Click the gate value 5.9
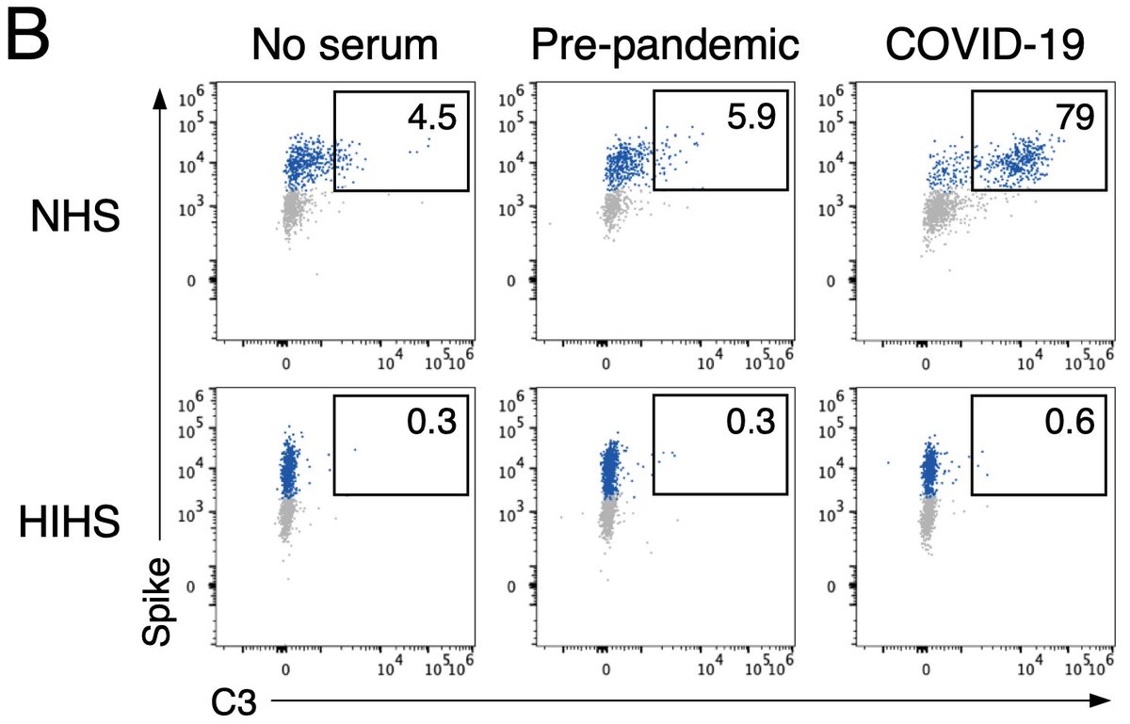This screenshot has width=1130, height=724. pos(747,119)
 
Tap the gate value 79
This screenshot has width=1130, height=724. pos(1073,119)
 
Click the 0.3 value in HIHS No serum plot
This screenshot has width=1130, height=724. pos(430,424)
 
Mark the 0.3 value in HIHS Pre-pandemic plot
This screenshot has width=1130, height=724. pos(750,424)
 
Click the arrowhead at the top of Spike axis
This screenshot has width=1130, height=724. pos(161,97)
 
